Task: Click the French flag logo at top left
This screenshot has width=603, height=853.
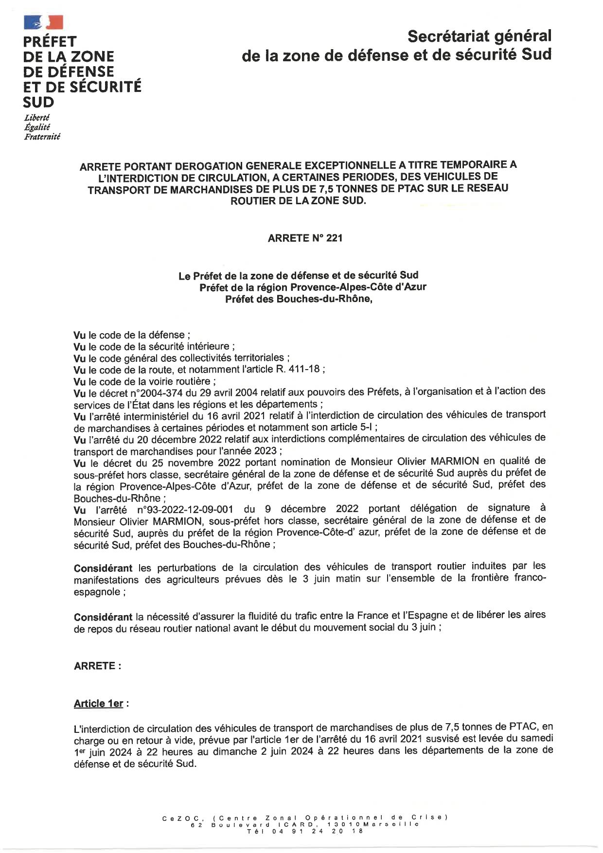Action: (x=43, y=22)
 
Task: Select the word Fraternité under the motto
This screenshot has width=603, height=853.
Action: (x=42, y=137)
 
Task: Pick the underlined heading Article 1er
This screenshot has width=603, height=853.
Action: (x=98, y=704)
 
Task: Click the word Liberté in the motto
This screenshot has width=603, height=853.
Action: (x=37, y=118)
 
